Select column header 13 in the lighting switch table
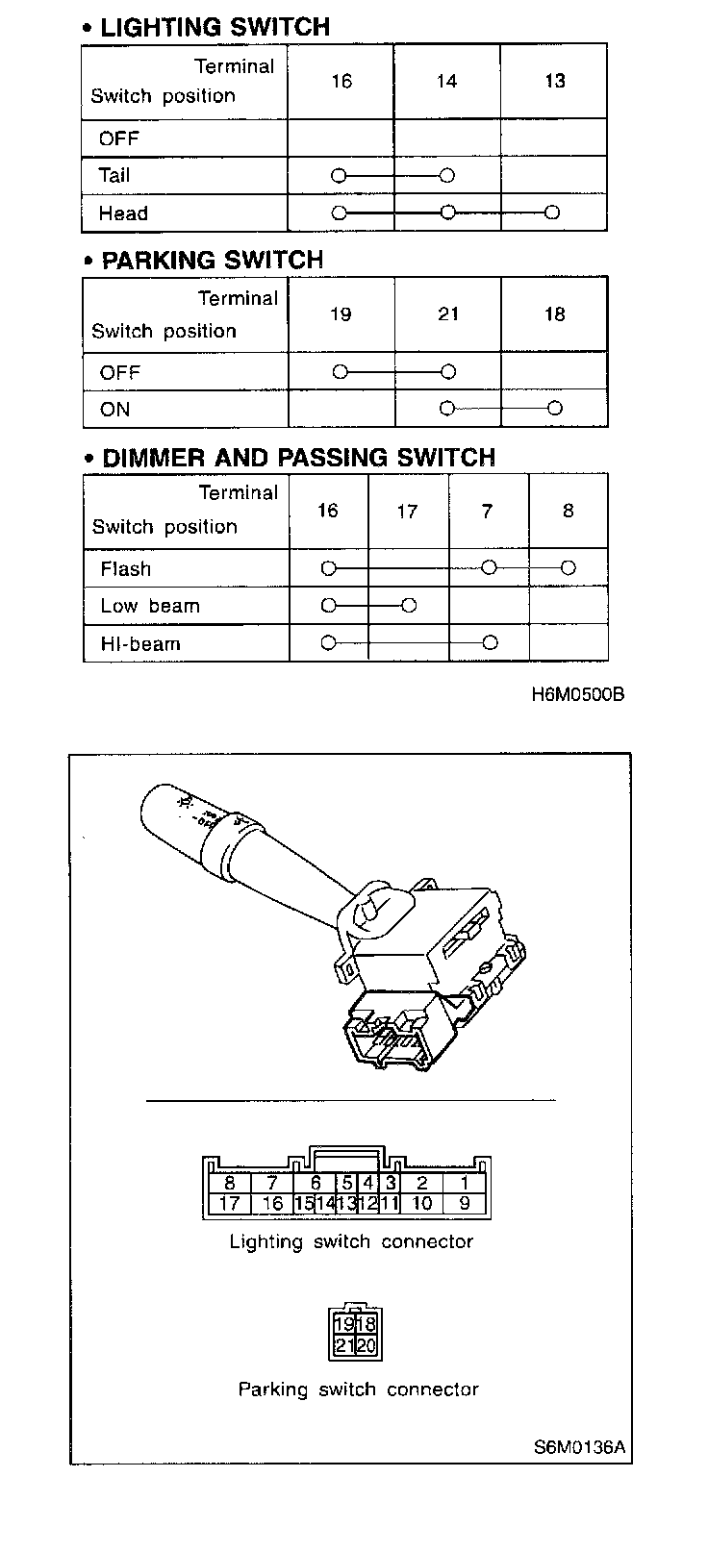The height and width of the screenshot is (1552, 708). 555,82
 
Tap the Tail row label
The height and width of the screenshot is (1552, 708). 114,176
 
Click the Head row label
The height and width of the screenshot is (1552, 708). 123,213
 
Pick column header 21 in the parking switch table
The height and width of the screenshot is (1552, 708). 448,314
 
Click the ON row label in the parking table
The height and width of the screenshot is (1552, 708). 114,410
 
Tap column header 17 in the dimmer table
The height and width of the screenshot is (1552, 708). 408,512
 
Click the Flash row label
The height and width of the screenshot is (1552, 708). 125,569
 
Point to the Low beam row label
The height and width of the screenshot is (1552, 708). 150,607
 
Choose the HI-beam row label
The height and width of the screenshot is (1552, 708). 140,644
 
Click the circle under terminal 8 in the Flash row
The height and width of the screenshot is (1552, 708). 569,568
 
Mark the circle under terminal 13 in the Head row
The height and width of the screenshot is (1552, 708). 552,213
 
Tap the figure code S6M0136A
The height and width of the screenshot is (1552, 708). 580,1447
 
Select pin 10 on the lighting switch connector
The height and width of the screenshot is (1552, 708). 421,1203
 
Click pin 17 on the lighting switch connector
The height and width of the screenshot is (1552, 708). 230,1203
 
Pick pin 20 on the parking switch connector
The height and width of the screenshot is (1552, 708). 367,1346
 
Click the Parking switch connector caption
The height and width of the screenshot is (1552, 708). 358,1389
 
